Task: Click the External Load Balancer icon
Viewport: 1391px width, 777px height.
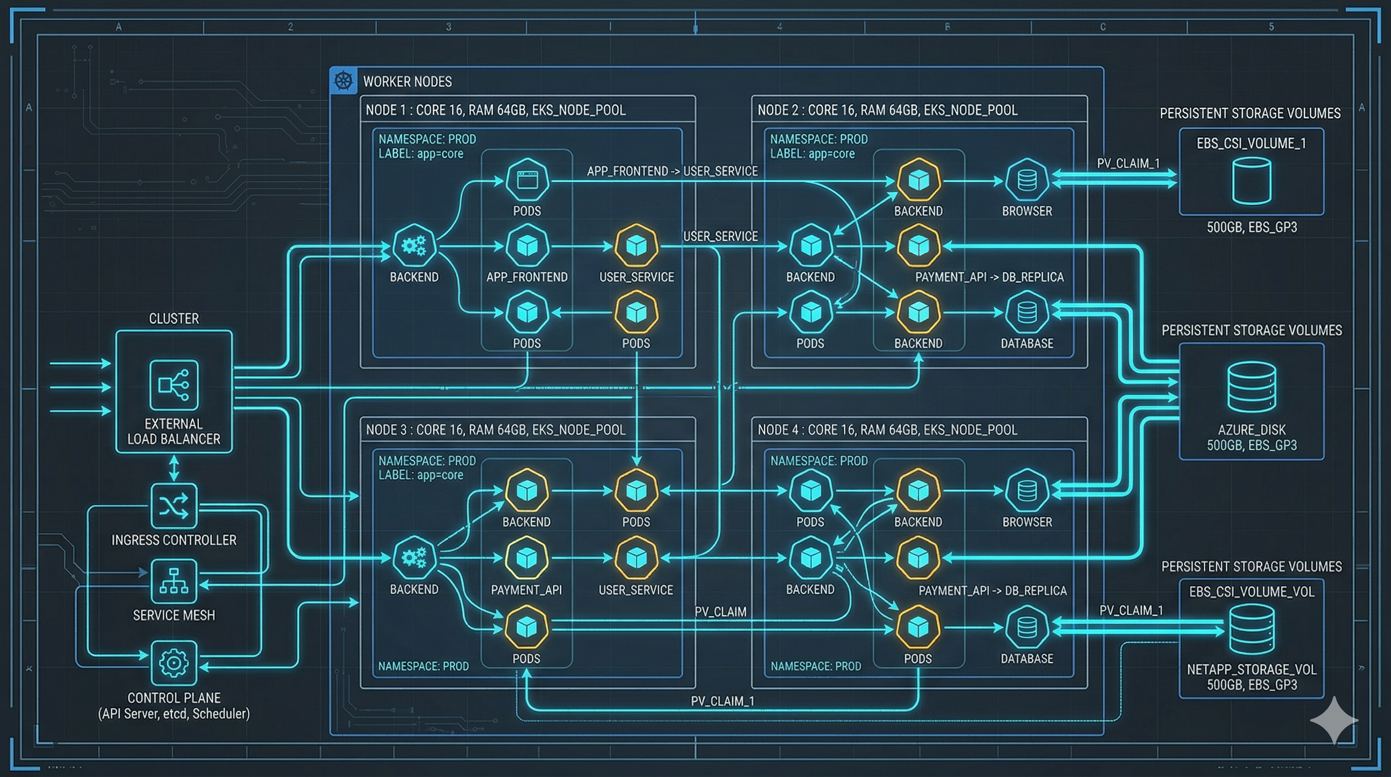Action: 173,385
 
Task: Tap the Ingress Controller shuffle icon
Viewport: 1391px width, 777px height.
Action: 173,506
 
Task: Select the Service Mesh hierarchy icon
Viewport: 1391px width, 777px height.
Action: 173,581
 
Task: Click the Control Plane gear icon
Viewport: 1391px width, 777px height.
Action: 173,663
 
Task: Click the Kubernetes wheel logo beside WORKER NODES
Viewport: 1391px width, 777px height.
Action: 343,81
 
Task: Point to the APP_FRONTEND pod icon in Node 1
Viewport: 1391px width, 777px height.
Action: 527,246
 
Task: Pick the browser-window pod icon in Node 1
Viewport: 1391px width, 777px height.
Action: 527,180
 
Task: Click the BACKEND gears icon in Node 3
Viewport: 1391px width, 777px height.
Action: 414,557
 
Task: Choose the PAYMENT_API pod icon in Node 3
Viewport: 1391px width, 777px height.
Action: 527,557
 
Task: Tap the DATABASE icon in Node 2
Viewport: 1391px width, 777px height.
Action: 1027,312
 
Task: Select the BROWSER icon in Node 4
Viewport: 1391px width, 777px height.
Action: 1027,491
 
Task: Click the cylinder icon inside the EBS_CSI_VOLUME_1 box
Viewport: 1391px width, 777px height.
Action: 1251,181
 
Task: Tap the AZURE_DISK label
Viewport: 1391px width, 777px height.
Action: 1251,429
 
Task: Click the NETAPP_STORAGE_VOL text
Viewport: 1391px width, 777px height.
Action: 1251,669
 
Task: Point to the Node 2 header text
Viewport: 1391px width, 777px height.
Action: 887,110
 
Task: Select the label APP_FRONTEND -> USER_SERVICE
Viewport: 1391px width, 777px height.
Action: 672,171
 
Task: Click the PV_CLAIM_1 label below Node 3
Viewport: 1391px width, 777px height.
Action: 722,701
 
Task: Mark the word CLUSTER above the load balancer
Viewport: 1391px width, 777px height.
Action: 173,318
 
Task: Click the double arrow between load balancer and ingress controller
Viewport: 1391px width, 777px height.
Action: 173,468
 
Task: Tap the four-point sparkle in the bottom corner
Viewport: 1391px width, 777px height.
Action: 1334,720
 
